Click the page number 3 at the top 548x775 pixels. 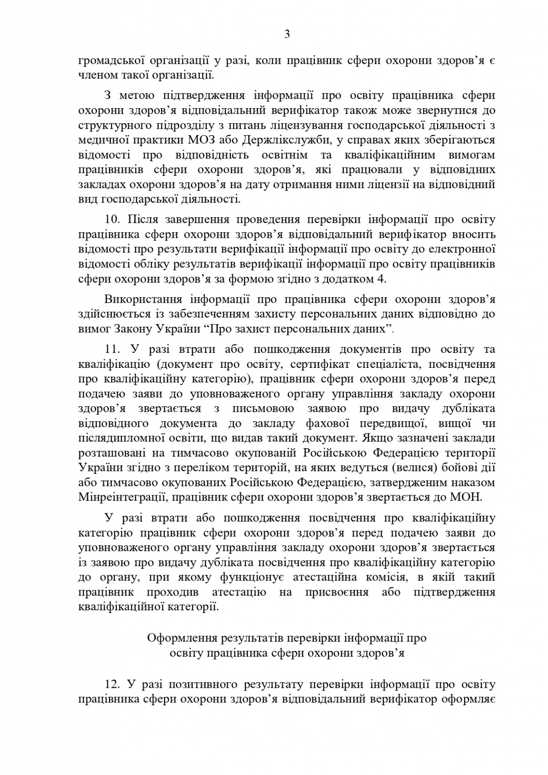click(287, 35)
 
